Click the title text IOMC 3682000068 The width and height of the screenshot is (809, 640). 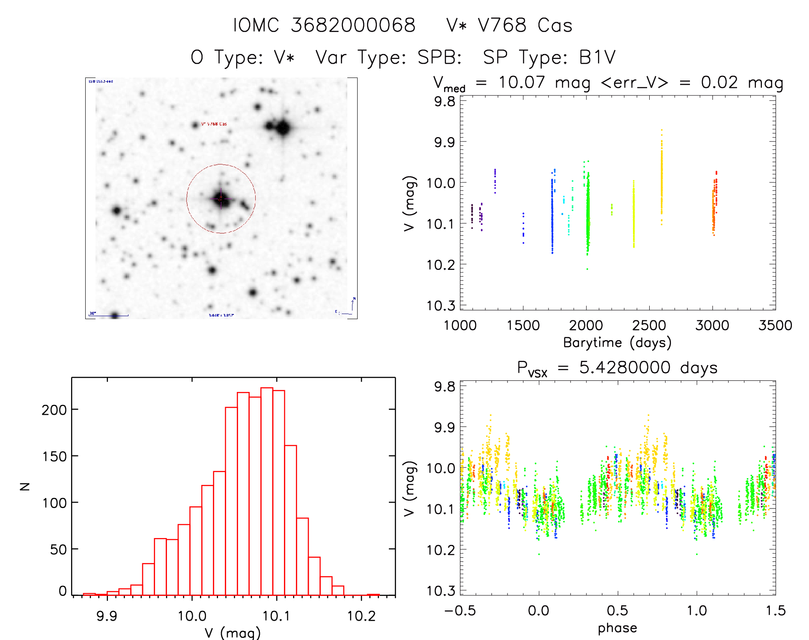coord(324,25)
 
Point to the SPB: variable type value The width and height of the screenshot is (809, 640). coord(439,57)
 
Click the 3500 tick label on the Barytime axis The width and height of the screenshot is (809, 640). coord(775,326)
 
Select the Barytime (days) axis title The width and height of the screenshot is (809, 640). coord(617,343)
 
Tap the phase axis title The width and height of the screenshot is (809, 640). coord(617,628)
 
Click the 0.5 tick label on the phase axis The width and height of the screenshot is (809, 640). coord(617,610)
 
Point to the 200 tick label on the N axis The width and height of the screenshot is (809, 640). coord(54,410)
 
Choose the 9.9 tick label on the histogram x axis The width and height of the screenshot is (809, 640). coord(107,616)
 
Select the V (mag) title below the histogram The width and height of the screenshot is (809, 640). coord(233,633)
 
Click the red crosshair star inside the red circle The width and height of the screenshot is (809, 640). coord(221,198)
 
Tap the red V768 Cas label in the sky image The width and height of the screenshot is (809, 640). coord(214,124)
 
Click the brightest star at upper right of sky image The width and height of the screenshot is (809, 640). coord(283,128)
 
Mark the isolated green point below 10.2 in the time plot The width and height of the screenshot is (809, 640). coord(587,269)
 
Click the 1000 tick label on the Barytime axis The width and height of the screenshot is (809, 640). coord(460,326)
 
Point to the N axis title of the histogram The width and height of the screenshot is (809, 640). coord(25,486)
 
